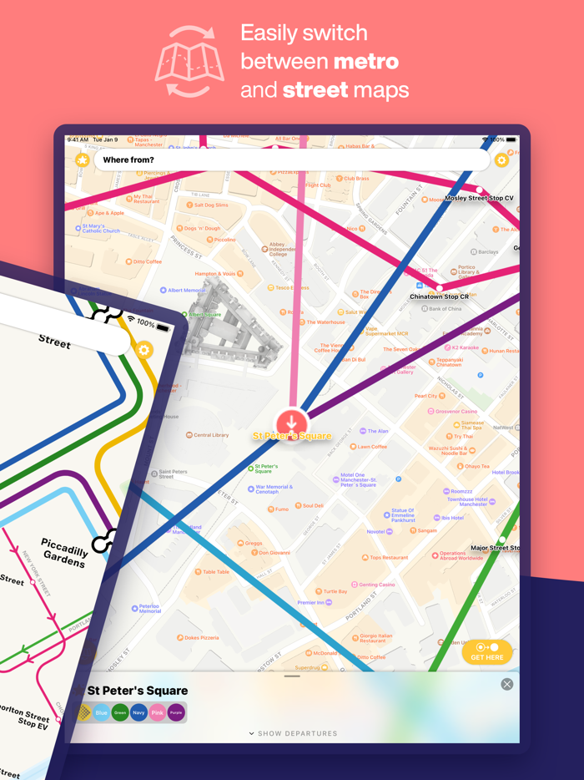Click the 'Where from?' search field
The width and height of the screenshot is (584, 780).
[x=292, y=160]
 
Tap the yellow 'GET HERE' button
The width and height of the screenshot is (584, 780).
[x=487, y=651]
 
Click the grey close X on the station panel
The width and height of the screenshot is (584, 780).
[x=506, y=684]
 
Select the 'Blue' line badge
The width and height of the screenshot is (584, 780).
[x=102, y=712]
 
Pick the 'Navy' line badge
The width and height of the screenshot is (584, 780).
[x=138, y=712]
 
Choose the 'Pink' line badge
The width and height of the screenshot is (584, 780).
[x=158, y=712]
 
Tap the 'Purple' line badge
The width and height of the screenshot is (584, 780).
[x=176, y=712]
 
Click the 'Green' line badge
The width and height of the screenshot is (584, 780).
[x=120, y=712]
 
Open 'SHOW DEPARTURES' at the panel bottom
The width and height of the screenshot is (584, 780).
[x=293, y=733]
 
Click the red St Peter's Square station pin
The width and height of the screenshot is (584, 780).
[x=292, y=422]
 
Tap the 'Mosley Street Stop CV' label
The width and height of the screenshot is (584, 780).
[x=479, y=199]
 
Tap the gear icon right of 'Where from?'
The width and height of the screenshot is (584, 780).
[x=501, y=160]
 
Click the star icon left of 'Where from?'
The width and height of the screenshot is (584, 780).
[x=82, y=160]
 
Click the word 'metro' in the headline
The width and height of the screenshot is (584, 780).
[x=365, y=61]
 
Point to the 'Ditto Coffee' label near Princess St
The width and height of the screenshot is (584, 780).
[x=147, y=261]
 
